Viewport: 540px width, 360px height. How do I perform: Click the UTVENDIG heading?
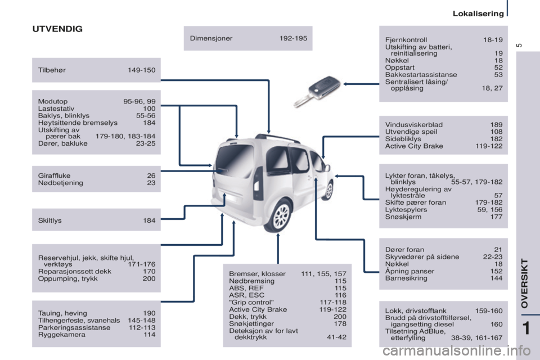click(57, 29)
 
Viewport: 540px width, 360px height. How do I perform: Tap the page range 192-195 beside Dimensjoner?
click(293, 38)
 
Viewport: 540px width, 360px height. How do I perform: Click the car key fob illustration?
click(317, 91)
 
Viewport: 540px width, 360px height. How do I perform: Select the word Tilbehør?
click(52, 70)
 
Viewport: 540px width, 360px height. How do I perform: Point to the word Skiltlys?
click(50, 220)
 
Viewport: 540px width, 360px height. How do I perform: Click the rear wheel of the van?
click(281, 215)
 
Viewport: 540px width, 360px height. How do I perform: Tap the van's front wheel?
click(329, 190)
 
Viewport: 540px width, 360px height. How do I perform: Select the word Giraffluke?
click(54, 175)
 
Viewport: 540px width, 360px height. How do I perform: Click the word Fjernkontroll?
click(406, 39)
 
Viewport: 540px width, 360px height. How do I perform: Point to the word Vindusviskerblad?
click(413, 125)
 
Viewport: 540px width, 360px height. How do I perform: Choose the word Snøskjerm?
click(403, 217)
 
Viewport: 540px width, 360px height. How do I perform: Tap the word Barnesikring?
click(406, 278)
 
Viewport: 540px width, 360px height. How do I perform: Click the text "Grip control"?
click(251, 302)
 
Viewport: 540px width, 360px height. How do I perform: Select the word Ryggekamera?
click(62, 335)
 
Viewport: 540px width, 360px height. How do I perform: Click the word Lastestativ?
click(56, 109)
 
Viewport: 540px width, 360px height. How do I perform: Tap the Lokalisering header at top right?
click(478, 13)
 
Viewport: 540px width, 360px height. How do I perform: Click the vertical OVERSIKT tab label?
click(524, 283)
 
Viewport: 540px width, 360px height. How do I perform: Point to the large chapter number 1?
click(526, 328)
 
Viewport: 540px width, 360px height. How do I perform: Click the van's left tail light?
click(257, 183)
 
